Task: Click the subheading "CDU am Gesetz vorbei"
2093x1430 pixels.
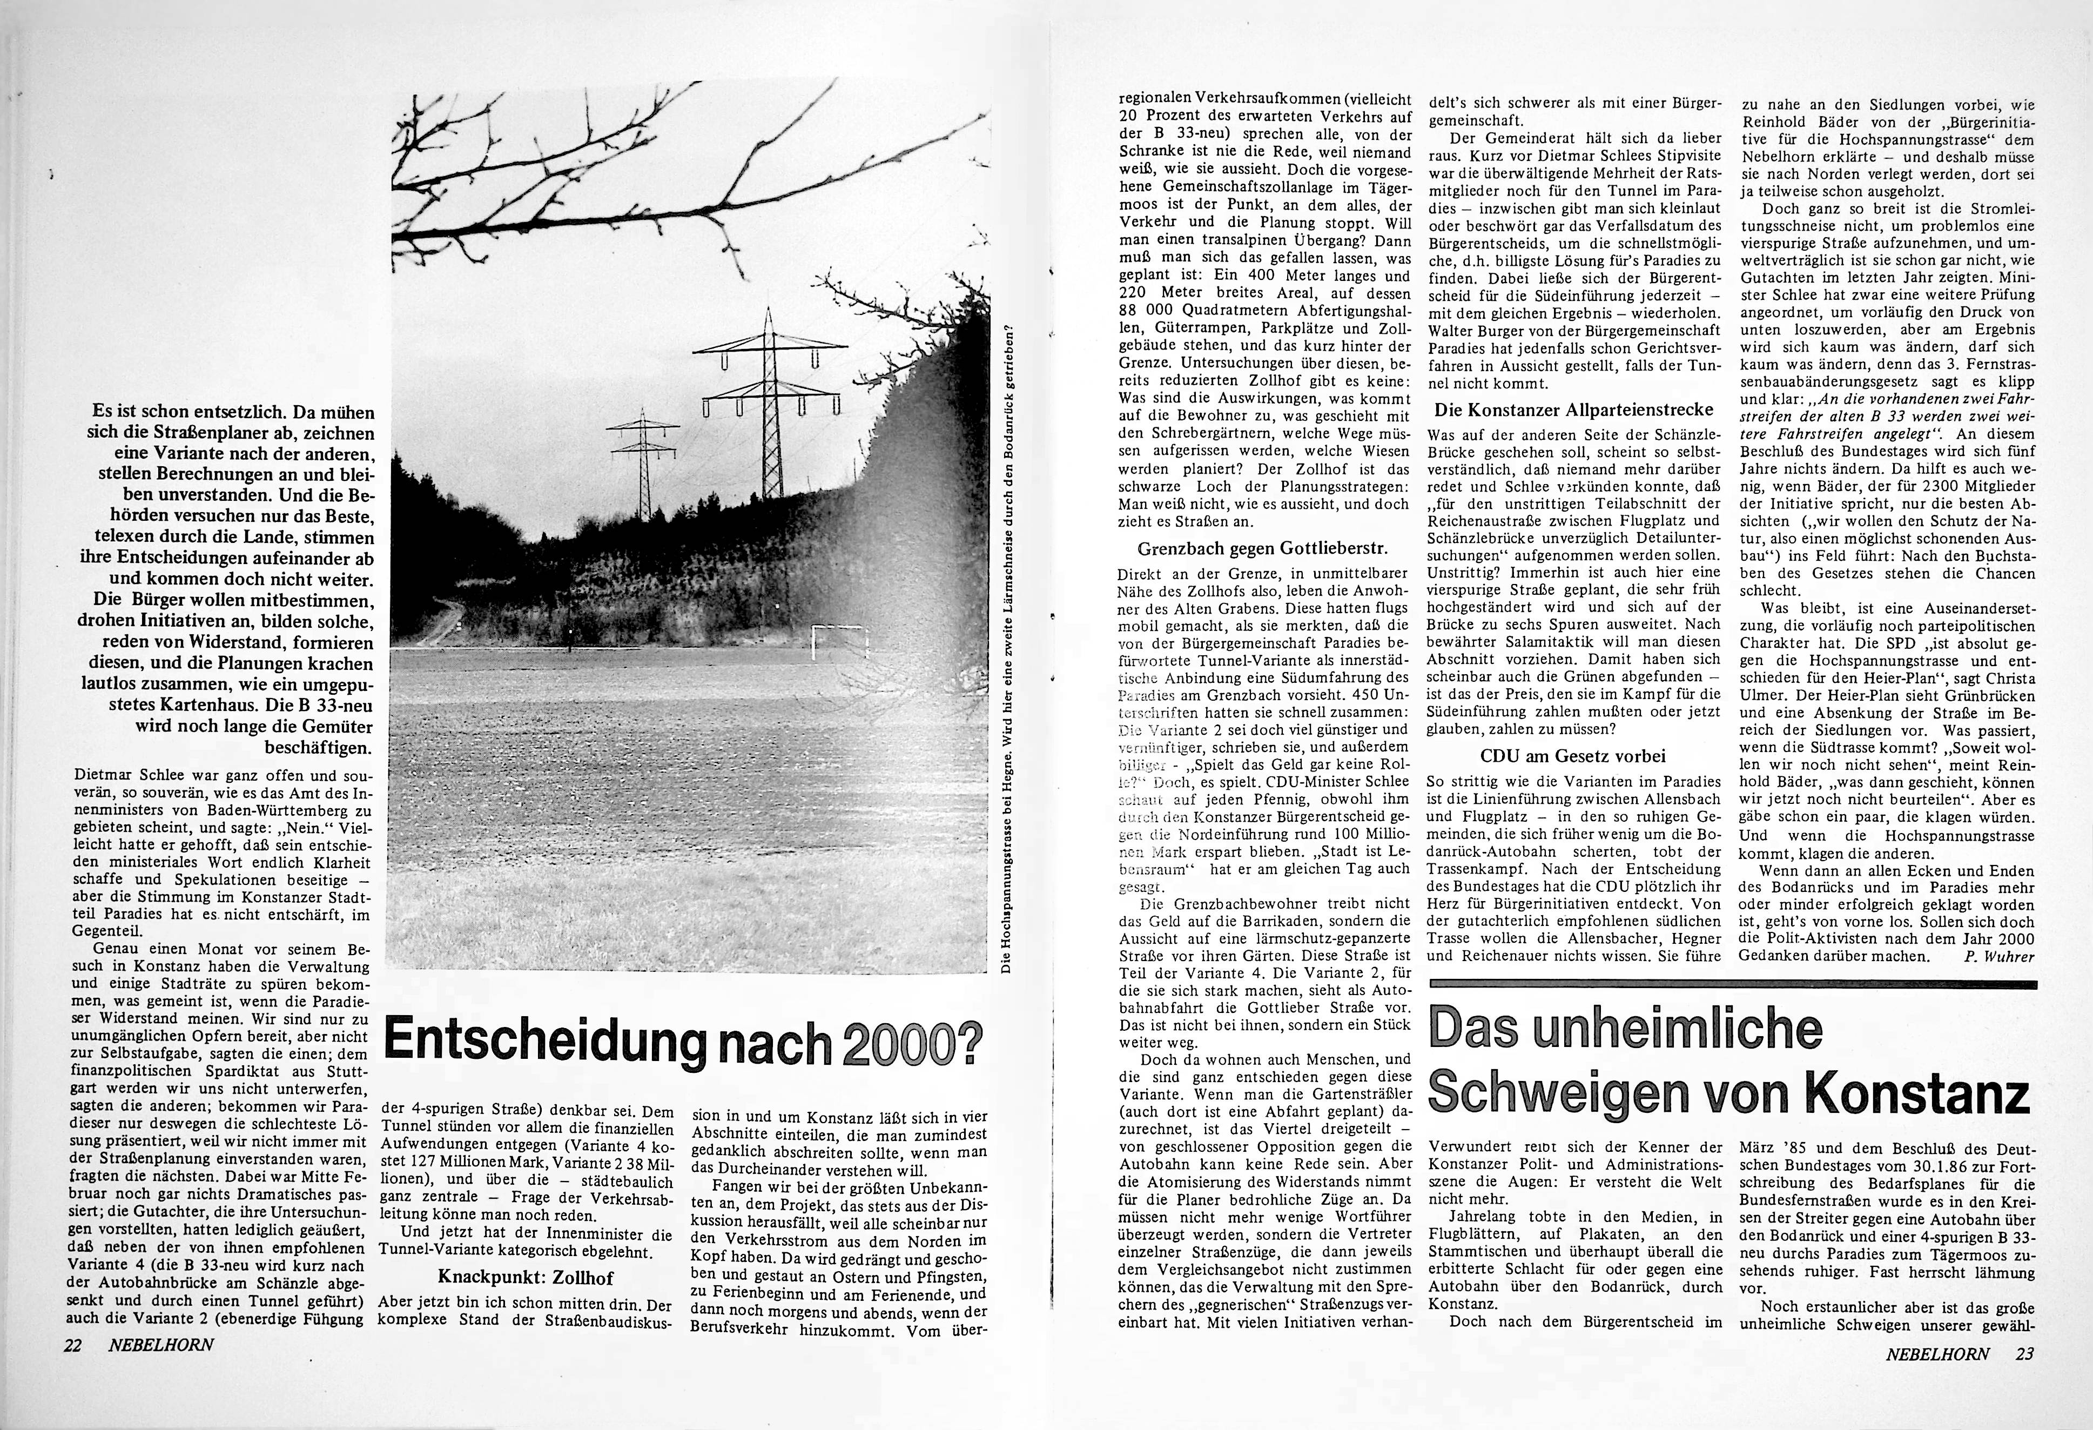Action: [x=1572, y=756]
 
